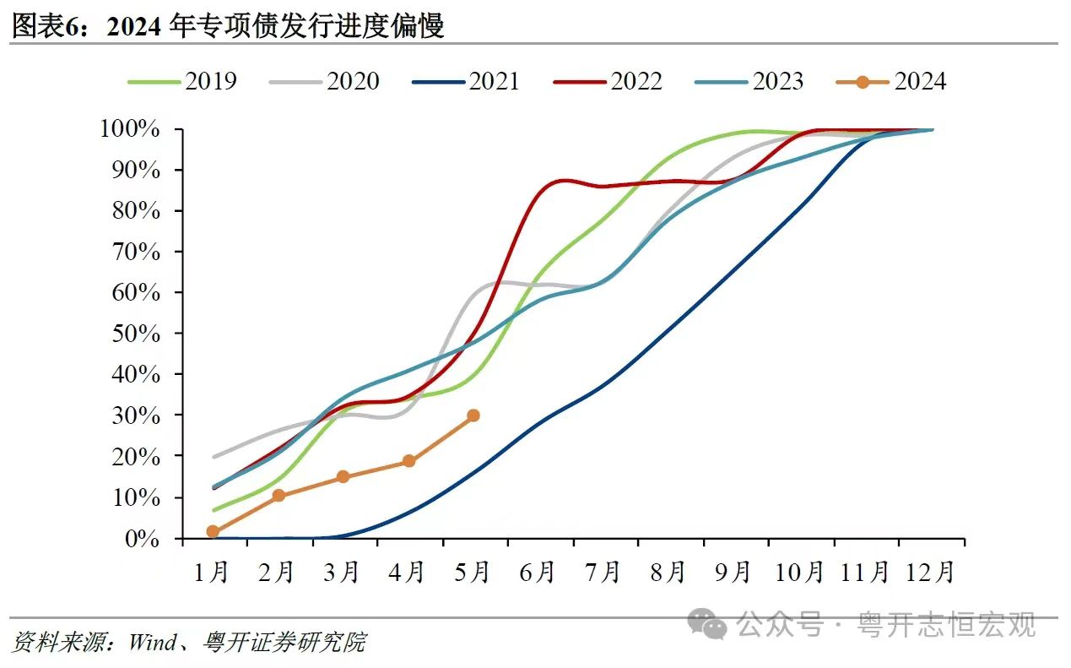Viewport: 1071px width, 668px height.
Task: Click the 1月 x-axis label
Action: click(212, 573)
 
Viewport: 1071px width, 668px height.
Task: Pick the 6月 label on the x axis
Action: click(538, 573)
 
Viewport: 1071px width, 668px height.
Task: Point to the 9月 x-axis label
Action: click(733, 573)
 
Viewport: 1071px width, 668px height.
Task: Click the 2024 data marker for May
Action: click(473, 415)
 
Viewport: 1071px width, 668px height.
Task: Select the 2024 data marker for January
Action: click(213, 531)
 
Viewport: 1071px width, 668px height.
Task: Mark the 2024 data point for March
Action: click(343, 477)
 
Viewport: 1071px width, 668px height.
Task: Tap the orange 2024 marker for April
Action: click(408, 461)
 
